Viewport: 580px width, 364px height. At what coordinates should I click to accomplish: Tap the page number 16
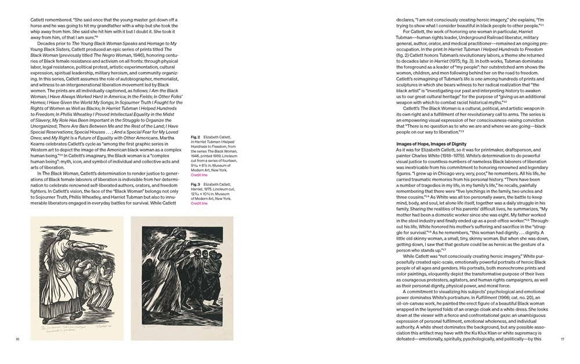(x=18, y=339)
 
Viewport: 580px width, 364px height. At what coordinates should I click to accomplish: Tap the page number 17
(x=561, y=339)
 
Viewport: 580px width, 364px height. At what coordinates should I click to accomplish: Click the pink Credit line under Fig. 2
(x=199, y=175)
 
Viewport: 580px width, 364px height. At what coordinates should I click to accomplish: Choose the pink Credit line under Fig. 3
(x=199, y=204)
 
